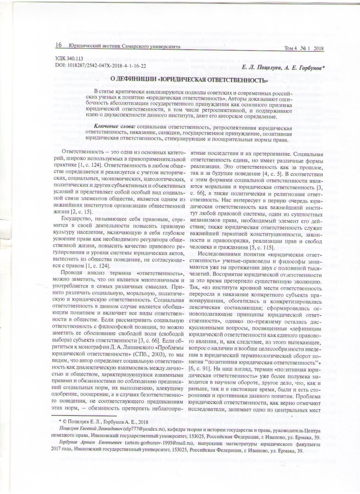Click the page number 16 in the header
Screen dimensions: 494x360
59,45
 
